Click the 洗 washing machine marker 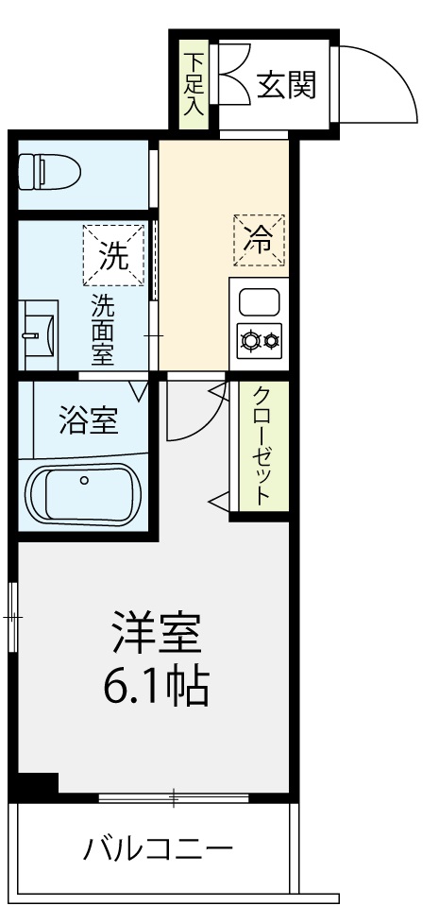coord(115,255)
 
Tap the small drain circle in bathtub coord(84,480)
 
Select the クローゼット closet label coord(262,445)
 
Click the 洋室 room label coord(157,635)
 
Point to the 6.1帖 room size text coord(157,687)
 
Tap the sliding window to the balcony coord(174,799)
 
